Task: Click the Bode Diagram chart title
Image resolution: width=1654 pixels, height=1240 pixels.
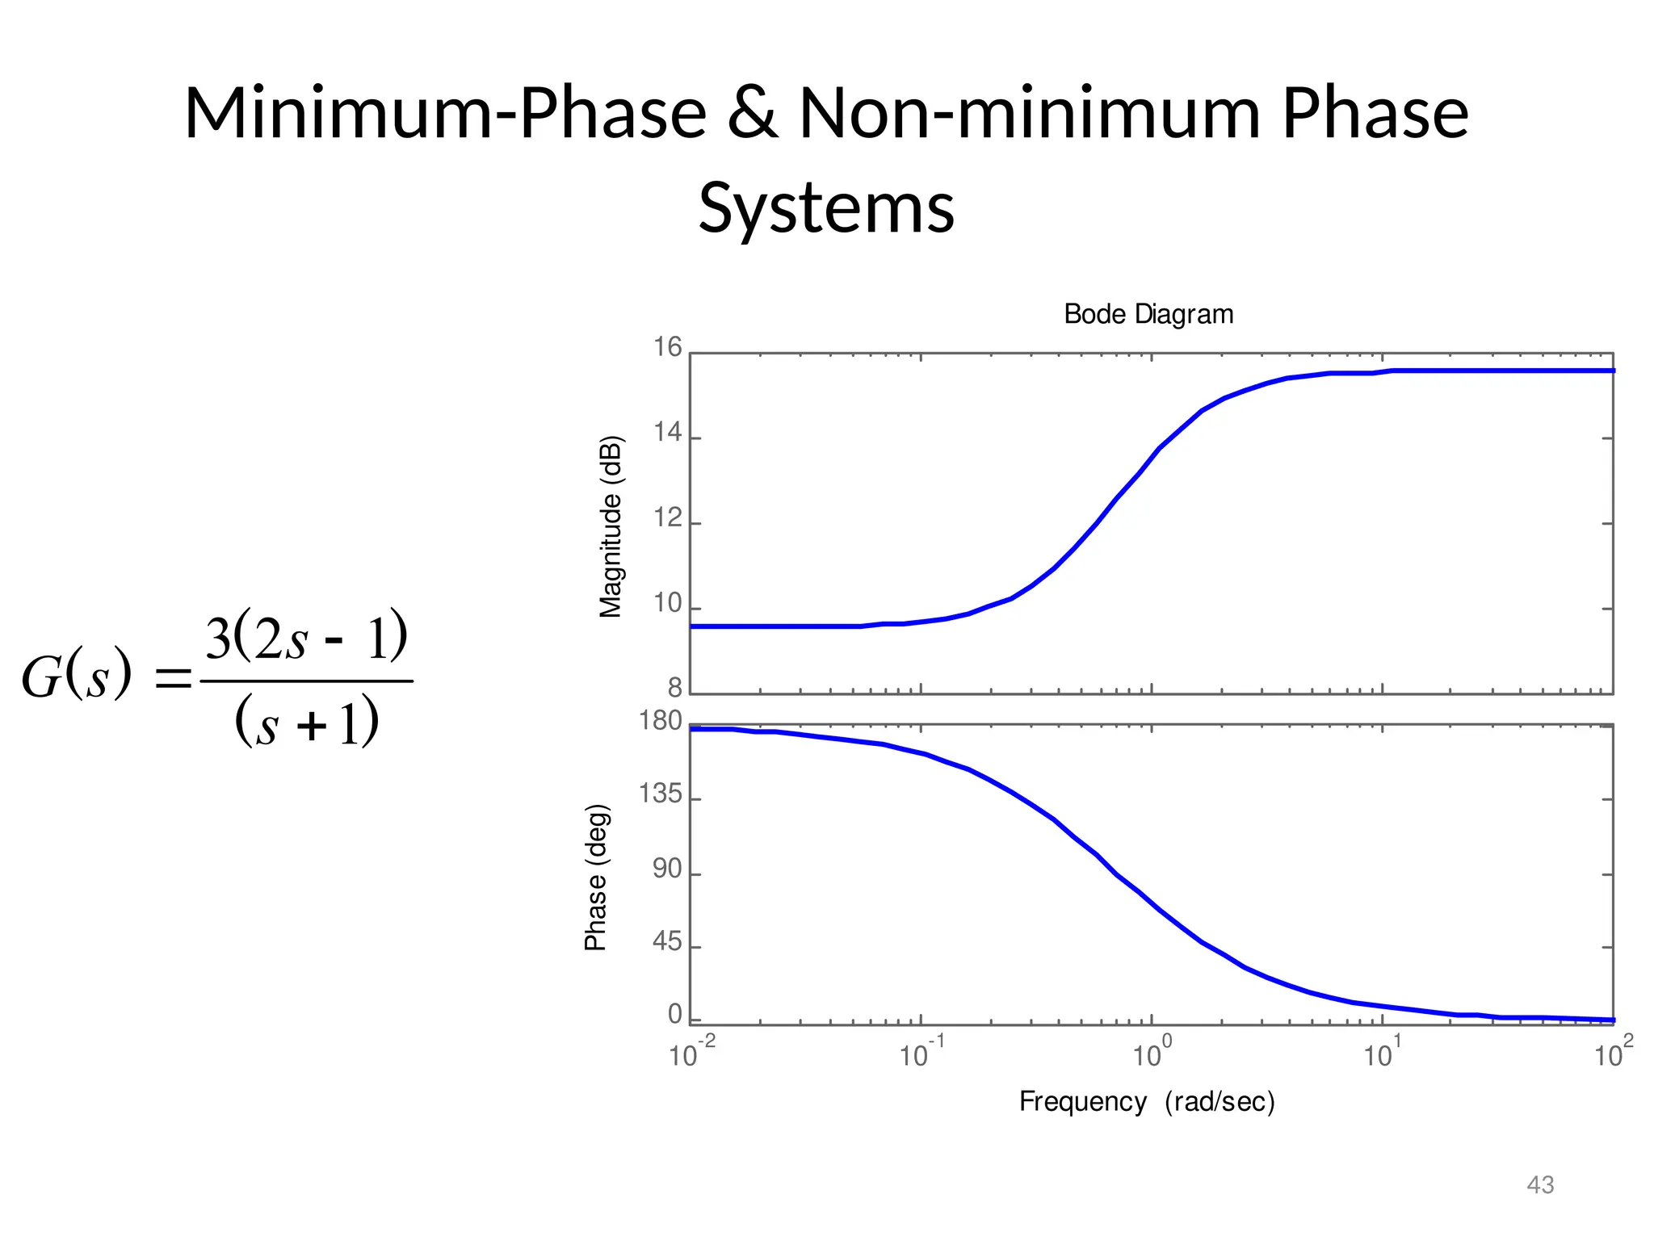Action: pos(1148,314)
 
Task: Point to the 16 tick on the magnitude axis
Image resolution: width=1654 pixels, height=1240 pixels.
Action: pos(667,348)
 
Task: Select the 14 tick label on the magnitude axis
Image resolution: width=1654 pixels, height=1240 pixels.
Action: pos(667,434)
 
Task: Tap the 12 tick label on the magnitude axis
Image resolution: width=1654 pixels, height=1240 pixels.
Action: pos(667,518)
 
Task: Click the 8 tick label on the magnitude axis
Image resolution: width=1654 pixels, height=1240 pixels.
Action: pos(674,689)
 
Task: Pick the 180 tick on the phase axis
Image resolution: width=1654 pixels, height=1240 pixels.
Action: pos(660,721)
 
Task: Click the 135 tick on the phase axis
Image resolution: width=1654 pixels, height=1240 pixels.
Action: pos(660,795)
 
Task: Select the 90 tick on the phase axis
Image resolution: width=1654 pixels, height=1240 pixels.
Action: pos(667,869)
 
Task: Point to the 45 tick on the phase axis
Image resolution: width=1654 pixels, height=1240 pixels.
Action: pos(667,943)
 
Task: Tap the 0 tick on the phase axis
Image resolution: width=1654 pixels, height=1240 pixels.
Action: pos(674,1016)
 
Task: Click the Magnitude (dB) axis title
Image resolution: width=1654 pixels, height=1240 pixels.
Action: pos(611,526)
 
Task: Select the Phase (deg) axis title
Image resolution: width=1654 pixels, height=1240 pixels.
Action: pos(596,878)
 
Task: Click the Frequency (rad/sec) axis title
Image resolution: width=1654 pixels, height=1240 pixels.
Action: pos(1147,1102)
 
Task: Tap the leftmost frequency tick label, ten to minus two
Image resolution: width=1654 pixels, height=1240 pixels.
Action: pos(692,1054)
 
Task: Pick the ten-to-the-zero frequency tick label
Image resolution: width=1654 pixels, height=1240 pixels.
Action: pos(1151,1054)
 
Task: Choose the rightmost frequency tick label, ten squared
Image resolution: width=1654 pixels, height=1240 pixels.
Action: pos(1613,1054)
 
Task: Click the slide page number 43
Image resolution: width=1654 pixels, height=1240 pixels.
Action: pos(1540,1185)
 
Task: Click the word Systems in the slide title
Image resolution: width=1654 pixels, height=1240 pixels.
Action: pos(826,208)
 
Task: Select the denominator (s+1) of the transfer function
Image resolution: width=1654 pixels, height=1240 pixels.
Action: pos(307,721)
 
